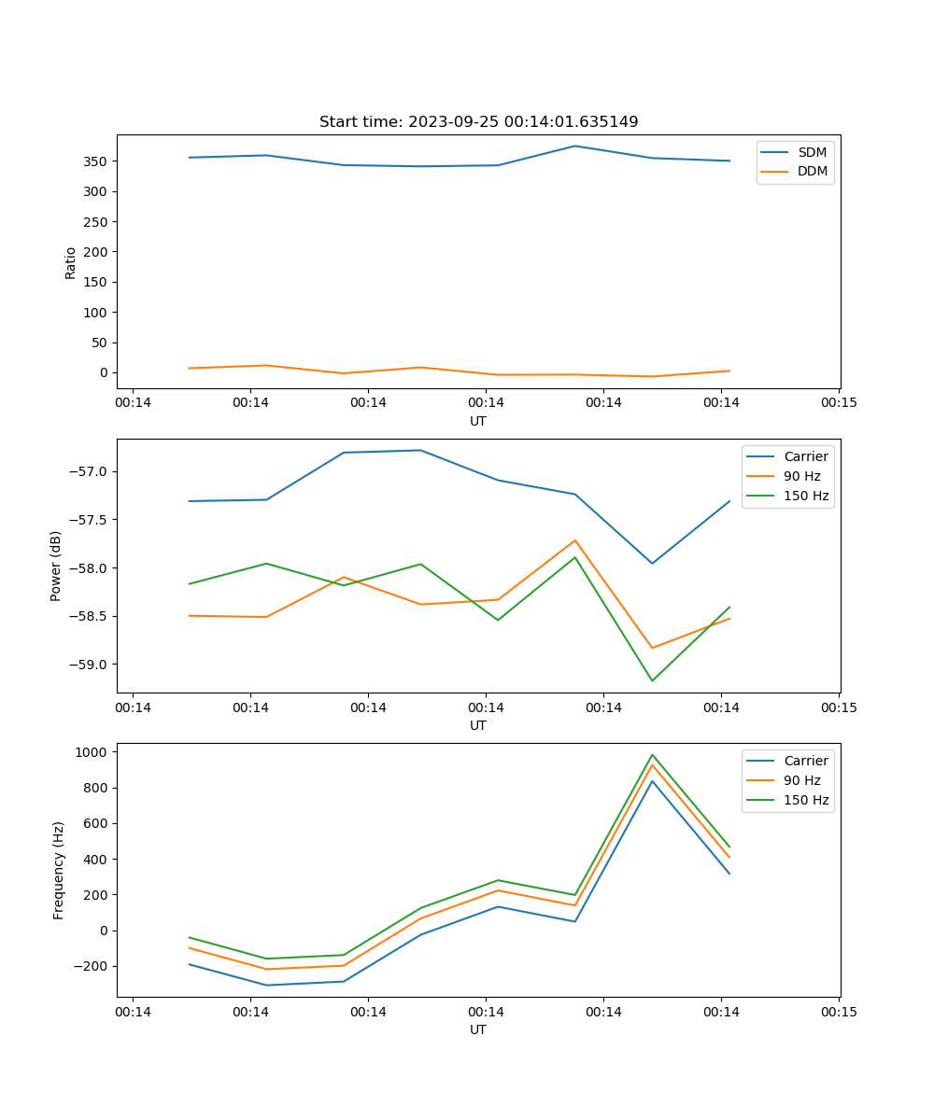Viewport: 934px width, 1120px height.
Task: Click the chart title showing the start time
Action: click(478, 122)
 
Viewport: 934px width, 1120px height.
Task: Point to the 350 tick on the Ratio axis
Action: click(98, 161)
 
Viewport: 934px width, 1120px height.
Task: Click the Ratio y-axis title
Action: click(71, 262)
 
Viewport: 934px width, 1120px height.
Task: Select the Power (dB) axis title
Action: click(56, 566)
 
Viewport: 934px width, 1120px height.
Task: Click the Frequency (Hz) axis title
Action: click(59, 870)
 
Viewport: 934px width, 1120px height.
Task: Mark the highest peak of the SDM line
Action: click(575, 146)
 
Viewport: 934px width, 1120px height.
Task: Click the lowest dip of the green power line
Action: click(652, 680)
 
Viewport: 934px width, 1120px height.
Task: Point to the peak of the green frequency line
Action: click(652, 755)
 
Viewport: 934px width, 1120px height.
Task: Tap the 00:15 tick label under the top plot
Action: click(838, 403)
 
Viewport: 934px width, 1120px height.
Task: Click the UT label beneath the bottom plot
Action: click(478, 1029)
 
